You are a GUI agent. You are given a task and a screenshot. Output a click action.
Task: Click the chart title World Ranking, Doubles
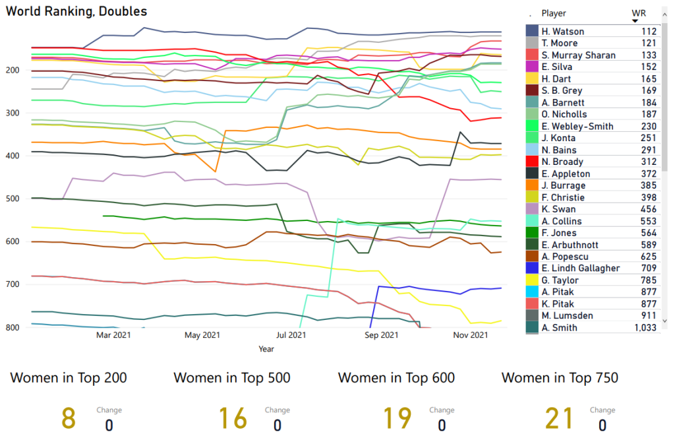(x=76, y=11)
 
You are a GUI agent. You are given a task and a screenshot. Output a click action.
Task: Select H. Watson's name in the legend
(x=562, y=32)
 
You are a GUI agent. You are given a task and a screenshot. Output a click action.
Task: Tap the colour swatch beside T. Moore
(x=533, y=44)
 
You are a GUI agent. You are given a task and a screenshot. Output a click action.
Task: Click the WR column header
(x=638, y=13)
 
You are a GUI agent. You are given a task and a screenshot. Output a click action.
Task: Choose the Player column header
(x=554, y=13)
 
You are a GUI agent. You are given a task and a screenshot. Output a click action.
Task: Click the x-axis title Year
(x=266, y=348)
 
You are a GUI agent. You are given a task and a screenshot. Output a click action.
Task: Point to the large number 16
(x=233, y=418)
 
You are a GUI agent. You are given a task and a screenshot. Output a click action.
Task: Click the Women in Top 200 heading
(x=69, y=378)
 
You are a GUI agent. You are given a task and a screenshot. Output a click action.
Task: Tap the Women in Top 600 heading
(x=396, y=378)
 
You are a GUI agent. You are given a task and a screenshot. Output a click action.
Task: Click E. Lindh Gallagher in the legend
(x=580, y=268)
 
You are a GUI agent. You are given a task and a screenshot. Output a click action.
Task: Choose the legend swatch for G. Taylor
(x=533, y=280)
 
